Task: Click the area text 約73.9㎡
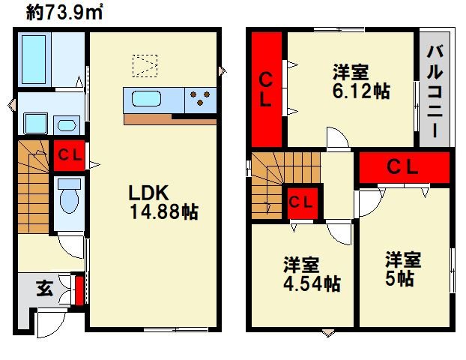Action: click(x=64, y=13)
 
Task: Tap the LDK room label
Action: click(x=148, y=193)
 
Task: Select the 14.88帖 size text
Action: click(x=164, y=212)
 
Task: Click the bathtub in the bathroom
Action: click(x=34, y=59)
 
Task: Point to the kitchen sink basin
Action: click(x=146, y=98)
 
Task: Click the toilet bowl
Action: click(x=69, y=197)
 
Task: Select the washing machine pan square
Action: click(x=36, y=124)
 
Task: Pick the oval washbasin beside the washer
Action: click(x=67, y=125)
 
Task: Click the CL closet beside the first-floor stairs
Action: click(x=69, y=155)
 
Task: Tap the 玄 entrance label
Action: click(x=45, y=288)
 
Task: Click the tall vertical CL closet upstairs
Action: click(x=266, y=89)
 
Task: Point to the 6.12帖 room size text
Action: click(x=361, y=91)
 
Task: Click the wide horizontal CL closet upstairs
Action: click(x=404, y=167)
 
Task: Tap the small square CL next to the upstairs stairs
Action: click(x=302, y=203)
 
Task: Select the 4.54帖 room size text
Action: click(x=312, y=283)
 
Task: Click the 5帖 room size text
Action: click(x=399, y=278)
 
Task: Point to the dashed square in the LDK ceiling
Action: click(x=145, y=66)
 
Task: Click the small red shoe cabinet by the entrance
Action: click(x=79, y=291)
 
